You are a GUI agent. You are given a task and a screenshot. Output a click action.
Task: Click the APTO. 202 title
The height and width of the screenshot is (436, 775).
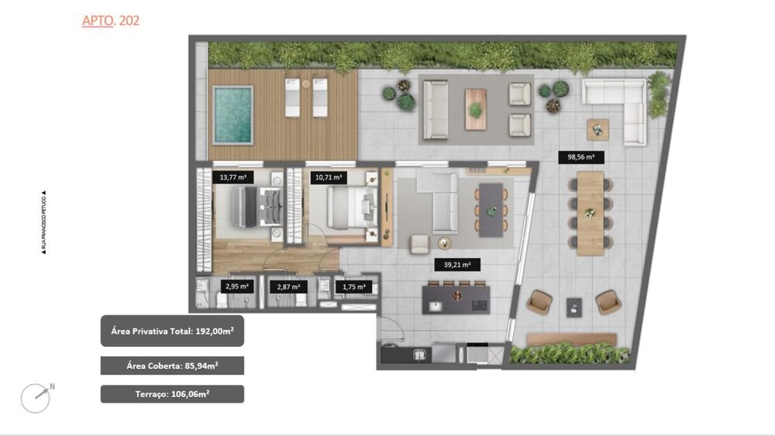point(111,21)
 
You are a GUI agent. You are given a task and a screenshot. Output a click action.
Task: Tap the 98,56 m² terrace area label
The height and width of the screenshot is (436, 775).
point(580,156)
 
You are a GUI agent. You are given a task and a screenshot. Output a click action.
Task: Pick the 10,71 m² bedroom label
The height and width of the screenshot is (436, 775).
point(329,177)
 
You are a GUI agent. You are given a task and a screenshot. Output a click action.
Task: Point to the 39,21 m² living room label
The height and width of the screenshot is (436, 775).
point(457,265)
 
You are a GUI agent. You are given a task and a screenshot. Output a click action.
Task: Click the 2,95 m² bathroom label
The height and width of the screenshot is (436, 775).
point(236,287)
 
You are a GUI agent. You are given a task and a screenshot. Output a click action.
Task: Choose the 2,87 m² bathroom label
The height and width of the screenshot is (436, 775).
point(288,287)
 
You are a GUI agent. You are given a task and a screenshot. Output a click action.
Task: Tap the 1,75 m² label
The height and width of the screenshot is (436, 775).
point(353,287)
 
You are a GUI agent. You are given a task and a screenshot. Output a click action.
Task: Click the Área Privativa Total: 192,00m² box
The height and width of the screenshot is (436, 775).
point(172,331)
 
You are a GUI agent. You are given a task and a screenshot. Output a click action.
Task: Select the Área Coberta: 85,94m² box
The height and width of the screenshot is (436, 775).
point(172,366)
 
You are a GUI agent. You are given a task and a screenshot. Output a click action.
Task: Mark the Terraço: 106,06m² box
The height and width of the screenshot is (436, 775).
point(172,394)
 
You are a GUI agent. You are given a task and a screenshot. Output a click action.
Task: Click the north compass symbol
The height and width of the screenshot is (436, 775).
point(36,397)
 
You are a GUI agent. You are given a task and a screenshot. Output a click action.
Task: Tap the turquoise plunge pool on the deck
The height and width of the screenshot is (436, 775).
point(232,115)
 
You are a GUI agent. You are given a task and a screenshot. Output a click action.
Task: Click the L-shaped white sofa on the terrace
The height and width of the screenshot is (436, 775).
point(620,105)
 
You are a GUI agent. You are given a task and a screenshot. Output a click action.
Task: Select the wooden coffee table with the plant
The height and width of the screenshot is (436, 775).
point(475,108)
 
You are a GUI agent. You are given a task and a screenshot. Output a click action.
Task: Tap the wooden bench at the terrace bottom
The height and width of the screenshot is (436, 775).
point(572,339)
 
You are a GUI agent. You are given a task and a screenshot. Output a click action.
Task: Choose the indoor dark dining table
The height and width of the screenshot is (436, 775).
point(490,210)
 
